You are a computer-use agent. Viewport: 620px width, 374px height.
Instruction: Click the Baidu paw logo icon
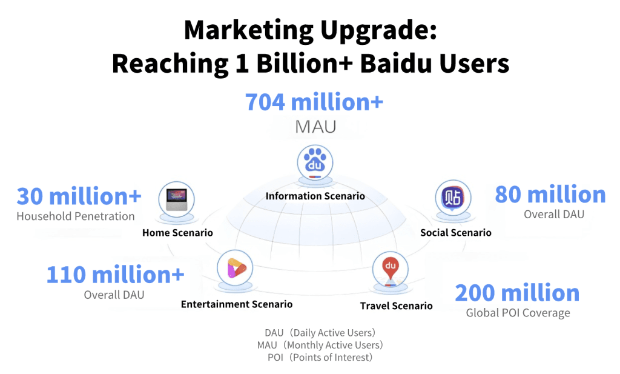315,162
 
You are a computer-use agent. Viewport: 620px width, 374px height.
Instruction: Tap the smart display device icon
176,199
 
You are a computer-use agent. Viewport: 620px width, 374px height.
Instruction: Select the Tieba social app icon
453,198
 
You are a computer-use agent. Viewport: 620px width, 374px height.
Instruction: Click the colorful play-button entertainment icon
235,268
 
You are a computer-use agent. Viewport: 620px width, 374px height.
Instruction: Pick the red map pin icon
391,270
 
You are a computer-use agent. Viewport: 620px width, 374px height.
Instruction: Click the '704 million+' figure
314,102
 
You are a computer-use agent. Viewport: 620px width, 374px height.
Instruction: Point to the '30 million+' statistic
79,196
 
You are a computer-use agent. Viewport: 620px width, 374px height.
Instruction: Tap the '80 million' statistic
550,195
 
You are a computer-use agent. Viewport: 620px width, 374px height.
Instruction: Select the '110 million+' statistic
116,275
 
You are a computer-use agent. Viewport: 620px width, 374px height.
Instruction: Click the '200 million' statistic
517,293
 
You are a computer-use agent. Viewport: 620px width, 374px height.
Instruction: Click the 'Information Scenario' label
315,196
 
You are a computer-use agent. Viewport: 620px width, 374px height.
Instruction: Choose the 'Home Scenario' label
177,233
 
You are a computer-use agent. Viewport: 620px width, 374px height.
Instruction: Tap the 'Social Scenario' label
456,233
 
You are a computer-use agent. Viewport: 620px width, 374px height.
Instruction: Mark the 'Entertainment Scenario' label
237,304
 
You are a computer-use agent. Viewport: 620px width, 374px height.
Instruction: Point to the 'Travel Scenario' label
396,306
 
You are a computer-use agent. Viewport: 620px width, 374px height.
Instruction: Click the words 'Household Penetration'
76,216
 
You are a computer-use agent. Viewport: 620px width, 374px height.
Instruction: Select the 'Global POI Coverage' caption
518,313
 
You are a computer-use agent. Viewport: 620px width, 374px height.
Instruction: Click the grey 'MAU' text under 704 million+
315,127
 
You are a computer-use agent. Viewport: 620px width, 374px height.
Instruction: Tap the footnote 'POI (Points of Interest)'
320,358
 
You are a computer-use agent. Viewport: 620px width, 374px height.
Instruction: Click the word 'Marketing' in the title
249,30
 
